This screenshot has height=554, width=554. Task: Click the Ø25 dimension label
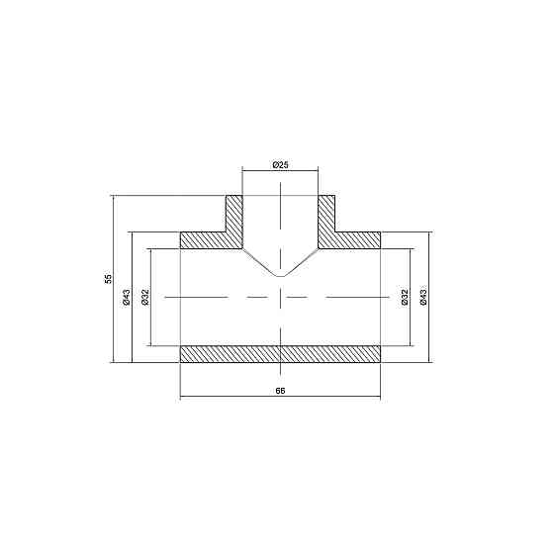coord(280,164)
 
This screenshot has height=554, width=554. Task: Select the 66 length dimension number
coord(280,392)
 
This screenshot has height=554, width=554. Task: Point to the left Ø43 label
coord(127,297)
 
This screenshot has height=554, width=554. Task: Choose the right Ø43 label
coord(422,297)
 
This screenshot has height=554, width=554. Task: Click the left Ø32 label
coord(144,297)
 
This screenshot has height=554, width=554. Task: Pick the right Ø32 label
coord(405,297)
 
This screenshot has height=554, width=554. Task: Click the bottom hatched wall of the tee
coord(280,353)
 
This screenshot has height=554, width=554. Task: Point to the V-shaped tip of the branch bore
coord(280,275)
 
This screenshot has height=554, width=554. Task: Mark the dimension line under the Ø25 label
coord(280,171)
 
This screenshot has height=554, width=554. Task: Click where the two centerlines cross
coord(280,297)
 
